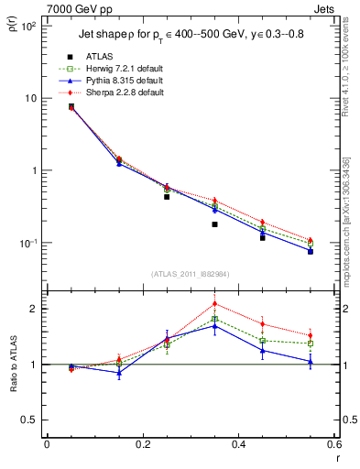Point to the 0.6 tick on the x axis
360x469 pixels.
[x=334, y=443]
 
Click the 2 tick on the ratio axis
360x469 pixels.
[x=35, y=309]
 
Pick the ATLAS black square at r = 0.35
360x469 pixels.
[x=214, y=224]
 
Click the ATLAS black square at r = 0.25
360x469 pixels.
[x=167, y=197]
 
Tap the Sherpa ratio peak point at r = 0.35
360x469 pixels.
[x=214, y=304]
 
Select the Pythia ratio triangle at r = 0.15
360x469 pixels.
[x=119, y=373]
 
